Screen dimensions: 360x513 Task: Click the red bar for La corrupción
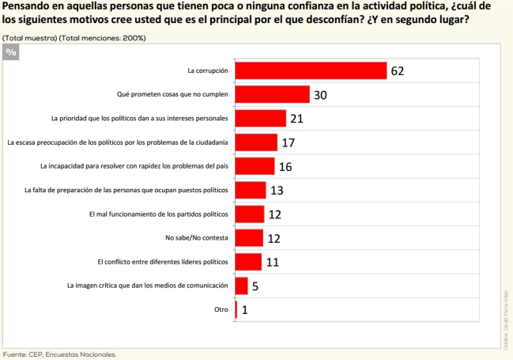[311, 70]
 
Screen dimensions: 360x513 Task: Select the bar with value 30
[272, 95]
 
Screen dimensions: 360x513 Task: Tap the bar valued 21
[261, 119]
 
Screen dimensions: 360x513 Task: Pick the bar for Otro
[236, 309]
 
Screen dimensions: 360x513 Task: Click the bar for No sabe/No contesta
[249, 237]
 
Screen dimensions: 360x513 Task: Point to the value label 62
[397, 71]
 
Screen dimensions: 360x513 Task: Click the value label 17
[288, 143]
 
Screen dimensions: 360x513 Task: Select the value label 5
[256, 286]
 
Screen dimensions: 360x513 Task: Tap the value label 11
[271, 262]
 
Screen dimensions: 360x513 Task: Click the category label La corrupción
[207, 70]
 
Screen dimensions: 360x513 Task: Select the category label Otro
[221, 309]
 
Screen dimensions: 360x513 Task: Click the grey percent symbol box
[10, 51]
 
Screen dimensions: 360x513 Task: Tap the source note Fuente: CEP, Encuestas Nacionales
[59, 354]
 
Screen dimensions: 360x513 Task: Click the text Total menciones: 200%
[104, 37]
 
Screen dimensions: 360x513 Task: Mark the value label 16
[285, 167]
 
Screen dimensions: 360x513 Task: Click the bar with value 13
[251, 190]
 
